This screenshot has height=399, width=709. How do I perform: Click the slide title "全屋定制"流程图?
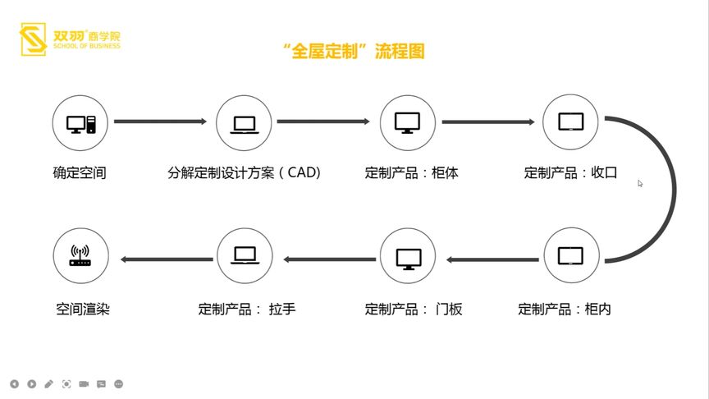pos(354,52)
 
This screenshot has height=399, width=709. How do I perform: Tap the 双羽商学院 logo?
pos(70,38)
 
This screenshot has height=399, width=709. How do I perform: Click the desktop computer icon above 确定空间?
pos(80,123)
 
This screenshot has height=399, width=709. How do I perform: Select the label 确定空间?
pos(80,174)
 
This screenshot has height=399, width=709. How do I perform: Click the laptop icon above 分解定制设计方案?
pos(244,123)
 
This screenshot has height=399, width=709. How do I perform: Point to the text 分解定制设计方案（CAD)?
pos(244,174)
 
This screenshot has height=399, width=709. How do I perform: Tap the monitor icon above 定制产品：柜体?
pos(408,123)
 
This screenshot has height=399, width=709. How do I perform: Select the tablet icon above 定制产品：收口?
pos(570,123)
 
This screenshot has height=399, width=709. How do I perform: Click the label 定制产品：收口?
pos(570,174)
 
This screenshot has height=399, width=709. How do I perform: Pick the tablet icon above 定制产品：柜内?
pos(570,256)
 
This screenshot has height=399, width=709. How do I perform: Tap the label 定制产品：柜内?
pos(565,310)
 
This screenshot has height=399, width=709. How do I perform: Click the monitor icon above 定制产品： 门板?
pos(408,257)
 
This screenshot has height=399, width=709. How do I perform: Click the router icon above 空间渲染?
pos(80,257)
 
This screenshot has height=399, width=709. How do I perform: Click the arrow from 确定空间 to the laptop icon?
pos(160,122)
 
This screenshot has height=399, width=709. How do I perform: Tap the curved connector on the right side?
pos(671,190)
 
